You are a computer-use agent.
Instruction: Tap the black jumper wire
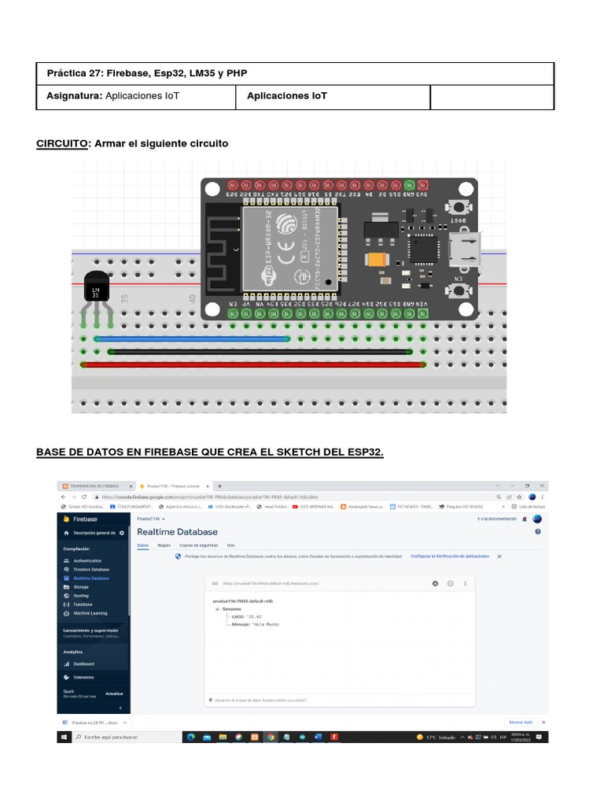(x=260, y=352)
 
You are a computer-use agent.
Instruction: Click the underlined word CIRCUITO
(x=62, y=143)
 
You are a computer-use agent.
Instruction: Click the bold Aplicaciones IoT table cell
(x=287, y=96)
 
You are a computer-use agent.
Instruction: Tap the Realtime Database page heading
(x=177, y=532)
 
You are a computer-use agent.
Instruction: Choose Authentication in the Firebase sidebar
(x=87, y=560)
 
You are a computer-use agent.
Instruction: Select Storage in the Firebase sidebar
(x=81, y=586)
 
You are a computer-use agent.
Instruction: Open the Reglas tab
(x=164, y=545)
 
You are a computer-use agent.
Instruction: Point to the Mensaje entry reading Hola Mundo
(x=251, y=624)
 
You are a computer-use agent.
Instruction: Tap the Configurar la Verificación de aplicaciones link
(x=449, y=556)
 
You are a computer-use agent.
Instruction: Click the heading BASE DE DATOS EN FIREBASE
(x=210, y=452)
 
